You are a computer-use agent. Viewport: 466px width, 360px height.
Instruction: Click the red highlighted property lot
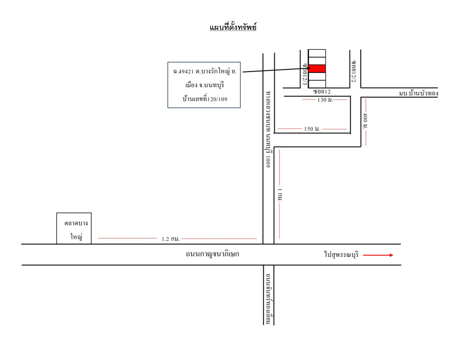click(x=316, y=68)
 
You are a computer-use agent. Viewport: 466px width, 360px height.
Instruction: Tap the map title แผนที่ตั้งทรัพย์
click(x=233, y=28)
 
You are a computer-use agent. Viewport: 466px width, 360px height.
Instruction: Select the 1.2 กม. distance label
click(x=171, y=239)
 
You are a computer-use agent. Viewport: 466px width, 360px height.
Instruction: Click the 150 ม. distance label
click(x=312, y=129)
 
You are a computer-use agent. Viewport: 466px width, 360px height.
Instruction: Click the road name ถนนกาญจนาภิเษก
click(x=212, y=254)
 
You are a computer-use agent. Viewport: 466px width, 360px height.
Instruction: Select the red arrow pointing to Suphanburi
click(x=378, y=255)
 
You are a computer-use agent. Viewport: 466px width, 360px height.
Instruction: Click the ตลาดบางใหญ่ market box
click(x=74, y=228)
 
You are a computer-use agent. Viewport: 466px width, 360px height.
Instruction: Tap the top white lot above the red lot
click(x=316, y=53)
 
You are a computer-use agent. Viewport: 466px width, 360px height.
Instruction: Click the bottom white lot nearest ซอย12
click(x=316, y=84)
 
